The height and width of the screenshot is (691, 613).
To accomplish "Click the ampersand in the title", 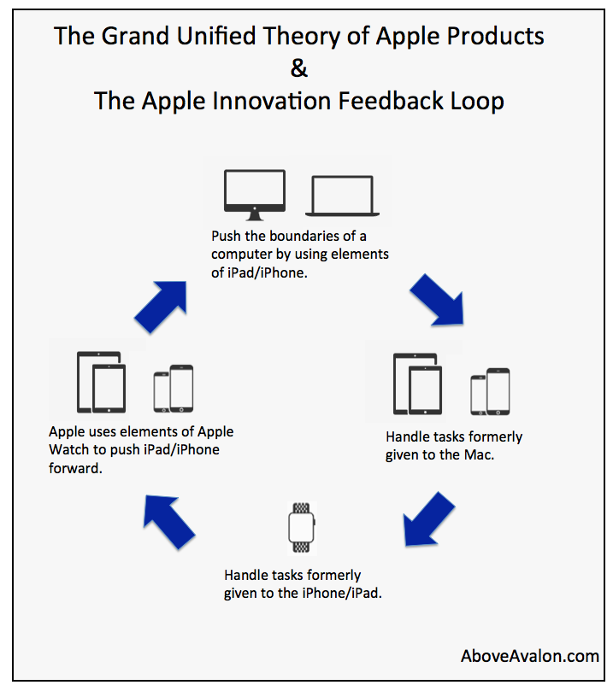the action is (x=299, y=68).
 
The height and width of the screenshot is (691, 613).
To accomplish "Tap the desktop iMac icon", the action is (x=255, y=195).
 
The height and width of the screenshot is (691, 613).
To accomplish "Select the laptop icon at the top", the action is (x=342, y=196).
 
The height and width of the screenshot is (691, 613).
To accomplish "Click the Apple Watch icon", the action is (x=301, y=528).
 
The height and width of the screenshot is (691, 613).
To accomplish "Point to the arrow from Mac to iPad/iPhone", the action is (x=437, y=300).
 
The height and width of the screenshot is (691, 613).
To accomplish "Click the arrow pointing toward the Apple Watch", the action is (x=429, y=519).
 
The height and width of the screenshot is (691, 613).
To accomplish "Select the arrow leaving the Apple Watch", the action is (x=169, y=522).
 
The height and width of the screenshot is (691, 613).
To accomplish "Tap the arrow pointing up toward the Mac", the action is (x=161, y=307).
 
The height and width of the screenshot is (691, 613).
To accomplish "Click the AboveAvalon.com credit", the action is (x=530, y=656).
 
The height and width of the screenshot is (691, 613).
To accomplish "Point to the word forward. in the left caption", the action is (x=75, y=468).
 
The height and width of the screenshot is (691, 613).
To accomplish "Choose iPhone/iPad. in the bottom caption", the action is (x=342, y=593).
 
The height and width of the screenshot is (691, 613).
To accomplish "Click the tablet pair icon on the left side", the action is (x=102, y=382).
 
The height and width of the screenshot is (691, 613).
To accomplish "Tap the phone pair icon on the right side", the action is (x=490, y=391).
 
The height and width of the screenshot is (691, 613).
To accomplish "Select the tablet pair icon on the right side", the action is (x=417, y=384).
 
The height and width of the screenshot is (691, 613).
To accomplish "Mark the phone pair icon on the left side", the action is (x=174, y=389).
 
